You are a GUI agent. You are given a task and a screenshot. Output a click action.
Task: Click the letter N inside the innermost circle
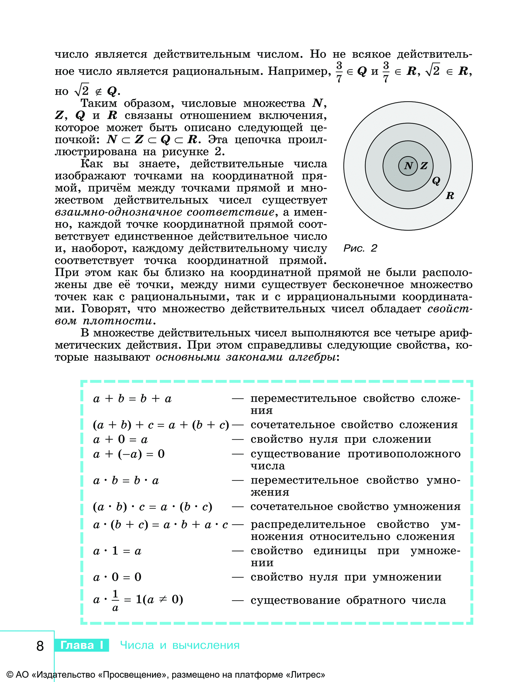coord(408,166)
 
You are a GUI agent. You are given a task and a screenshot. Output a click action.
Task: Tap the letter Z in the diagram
coord(424,166)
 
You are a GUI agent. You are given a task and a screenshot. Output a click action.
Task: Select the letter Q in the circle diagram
coord(436,181)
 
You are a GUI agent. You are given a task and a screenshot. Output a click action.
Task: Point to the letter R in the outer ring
coord(450,196)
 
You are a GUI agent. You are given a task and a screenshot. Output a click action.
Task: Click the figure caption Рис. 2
coord(360,248)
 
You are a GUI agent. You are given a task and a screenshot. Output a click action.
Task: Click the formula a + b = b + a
coord(132,399)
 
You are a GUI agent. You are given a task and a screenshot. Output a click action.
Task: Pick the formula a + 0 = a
coord(121,439)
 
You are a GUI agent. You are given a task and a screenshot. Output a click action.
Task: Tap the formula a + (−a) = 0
coord(129,454)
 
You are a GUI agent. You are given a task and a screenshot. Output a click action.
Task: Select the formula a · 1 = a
coord(117,551)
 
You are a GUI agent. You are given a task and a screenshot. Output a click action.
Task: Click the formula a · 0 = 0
coord(117,577)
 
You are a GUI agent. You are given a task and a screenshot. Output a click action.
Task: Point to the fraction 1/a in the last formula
coord(115,601)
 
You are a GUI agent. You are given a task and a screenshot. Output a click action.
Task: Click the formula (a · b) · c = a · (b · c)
coord(152,507)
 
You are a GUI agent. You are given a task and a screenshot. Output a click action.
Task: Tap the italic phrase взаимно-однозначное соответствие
coord(164,212)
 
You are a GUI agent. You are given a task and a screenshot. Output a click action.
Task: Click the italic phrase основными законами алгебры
coord(246,357)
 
